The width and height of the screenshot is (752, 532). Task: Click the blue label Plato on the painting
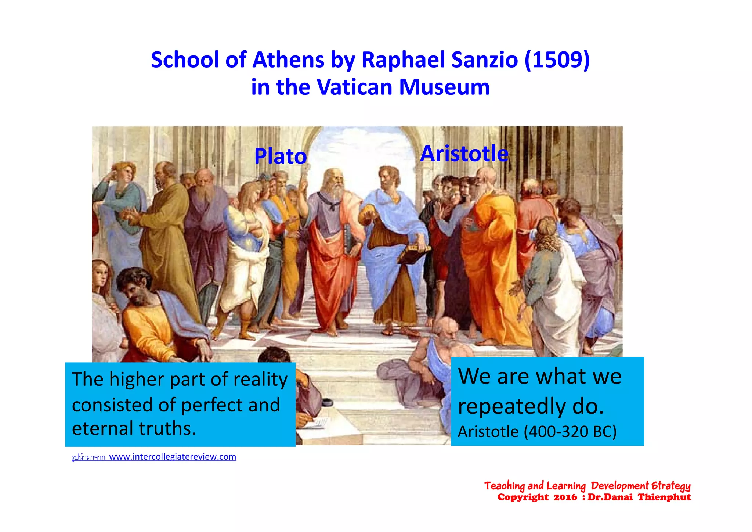point(281,157)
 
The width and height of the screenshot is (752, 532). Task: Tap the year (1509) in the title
point(557,60)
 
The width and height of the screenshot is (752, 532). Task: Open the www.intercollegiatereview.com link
point(173,457)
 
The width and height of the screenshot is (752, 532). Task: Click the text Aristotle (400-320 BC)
point(537,432)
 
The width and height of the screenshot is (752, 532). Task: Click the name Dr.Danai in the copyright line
point(610,497)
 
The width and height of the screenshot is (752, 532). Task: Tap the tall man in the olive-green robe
point(165,239)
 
